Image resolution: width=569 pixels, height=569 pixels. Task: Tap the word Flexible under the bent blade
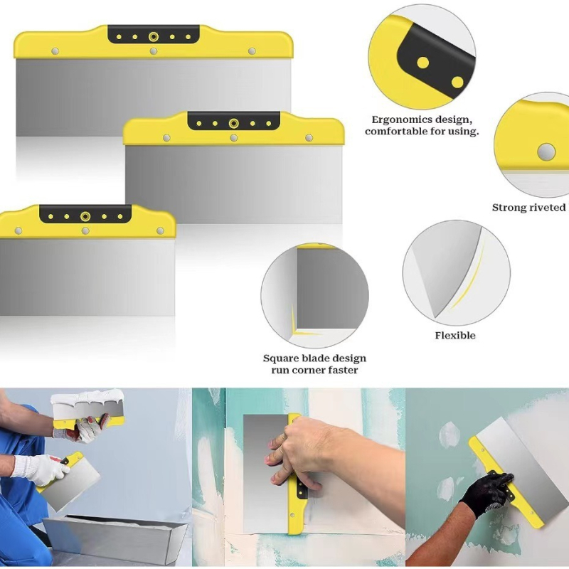pos(455,335)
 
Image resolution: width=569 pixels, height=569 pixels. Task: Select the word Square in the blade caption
pos(280,359)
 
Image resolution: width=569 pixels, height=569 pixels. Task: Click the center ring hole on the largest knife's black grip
pos(154,37)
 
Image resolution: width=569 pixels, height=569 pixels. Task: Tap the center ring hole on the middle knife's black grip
pos(234,123)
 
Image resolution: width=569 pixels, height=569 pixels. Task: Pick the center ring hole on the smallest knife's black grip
pos(85,217)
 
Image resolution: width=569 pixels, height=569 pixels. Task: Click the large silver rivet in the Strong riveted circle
pos(546,151)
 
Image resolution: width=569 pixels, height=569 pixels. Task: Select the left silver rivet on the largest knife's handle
pos(55,51)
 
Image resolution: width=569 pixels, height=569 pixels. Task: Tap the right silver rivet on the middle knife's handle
pos(309,138)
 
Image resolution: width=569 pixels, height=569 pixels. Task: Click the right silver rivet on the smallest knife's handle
pos(160,230)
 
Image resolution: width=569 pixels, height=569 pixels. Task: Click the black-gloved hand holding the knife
pos(487,491)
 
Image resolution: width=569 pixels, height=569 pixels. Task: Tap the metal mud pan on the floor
pos(115,536)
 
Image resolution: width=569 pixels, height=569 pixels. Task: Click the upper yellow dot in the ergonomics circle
pos(422,63)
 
